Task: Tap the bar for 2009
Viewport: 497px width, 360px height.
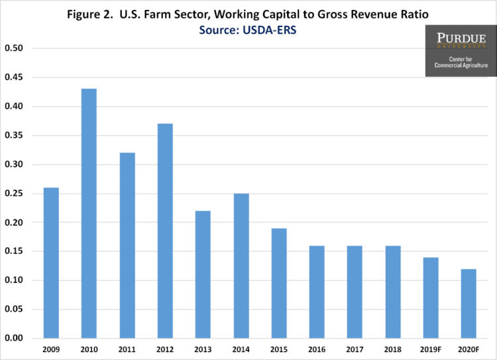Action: tap(51, 263)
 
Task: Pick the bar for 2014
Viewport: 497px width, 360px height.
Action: tap(241, 266)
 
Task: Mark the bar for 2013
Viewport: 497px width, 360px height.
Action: tap(203, 274)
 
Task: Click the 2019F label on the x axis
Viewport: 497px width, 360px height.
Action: tap(431, 349)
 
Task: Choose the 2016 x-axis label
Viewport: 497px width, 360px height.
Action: tap(317, 349)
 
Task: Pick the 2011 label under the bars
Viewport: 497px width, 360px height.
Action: tap(127, 349)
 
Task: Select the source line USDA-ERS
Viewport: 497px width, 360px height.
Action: tap(248, 29)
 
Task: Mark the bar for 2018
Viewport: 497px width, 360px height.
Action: tap(393, 292)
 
